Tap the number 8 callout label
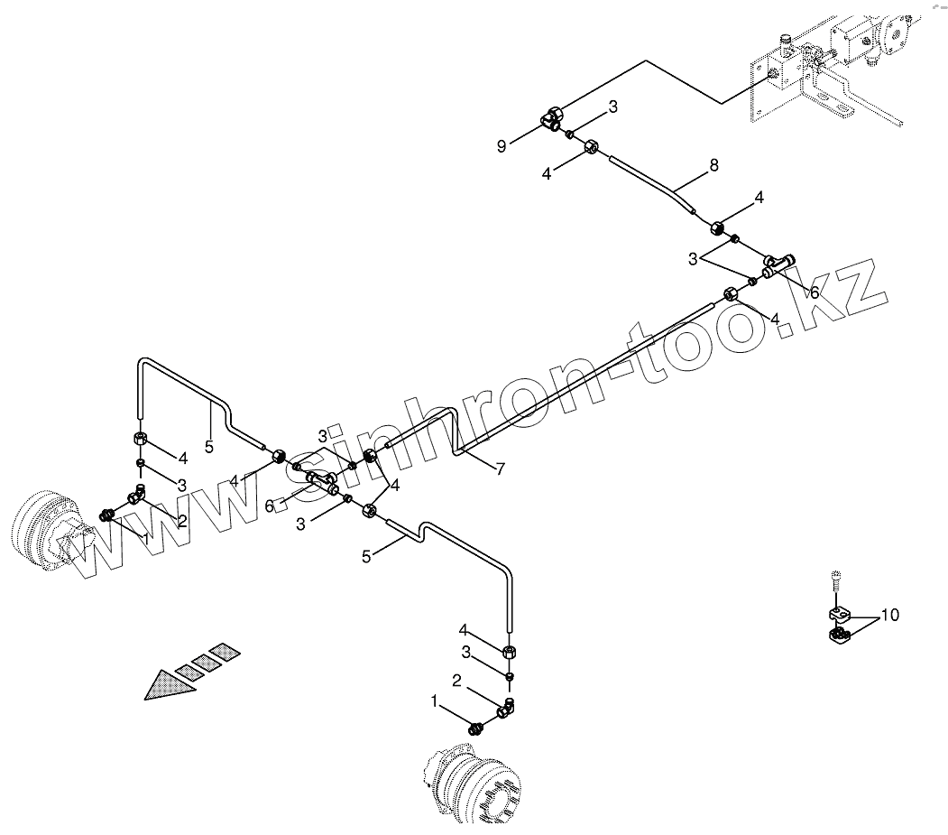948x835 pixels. (713, 165)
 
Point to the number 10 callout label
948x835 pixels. (889, 616)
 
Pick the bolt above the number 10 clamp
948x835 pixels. (837, 580)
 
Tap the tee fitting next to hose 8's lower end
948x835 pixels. (778, 264)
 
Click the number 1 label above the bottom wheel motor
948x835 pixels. (435, 700)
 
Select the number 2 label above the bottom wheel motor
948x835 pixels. (457, 682)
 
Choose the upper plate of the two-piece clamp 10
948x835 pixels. (838, 616)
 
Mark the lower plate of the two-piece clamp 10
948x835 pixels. (838, 640)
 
